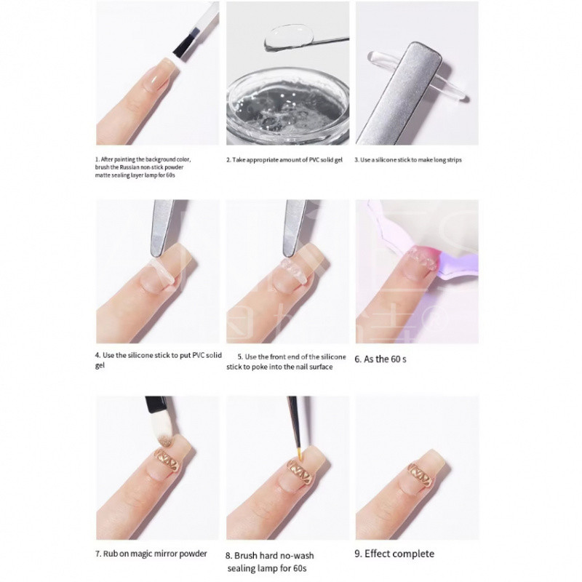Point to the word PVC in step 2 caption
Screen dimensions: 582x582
coord(314,160)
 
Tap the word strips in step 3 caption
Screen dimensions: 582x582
coord(454,160)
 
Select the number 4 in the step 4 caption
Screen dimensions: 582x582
coord(97,355)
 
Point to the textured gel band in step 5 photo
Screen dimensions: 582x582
coord(292,270)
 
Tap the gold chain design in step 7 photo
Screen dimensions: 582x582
coord(167,461)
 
